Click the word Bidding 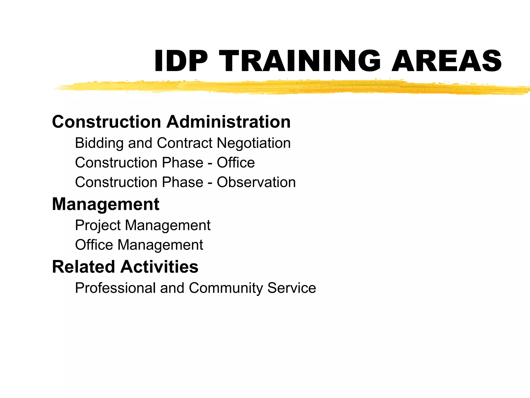(x=99, y=143)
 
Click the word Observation (x=256, y=182)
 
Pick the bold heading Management (x=106, y=204)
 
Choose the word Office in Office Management (x=94, y=245)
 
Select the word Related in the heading (x=83, y=267)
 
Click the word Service (x=292, y=288)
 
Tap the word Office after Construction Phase (x=236, y=163)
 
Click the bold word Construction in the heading (x=107, y=122)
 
